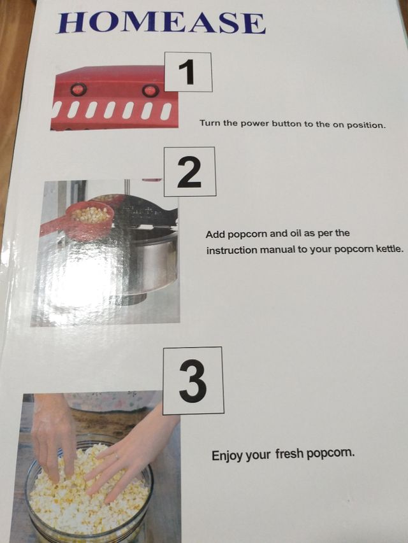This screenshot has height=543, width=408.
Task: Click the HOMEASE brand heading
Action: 162,22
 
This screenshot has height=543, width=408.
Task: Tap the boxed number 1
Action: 188,72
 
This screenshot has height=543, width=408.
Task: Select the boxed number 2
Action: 190,172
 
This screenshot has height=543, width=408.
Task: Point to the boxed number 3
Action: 193,381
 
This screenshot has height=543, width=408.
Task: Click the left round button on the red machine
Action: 78,90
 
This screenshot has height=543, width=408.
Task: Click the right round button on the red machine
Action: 150,91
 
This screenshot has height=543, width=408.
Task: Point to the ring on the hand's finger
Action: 117,456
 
